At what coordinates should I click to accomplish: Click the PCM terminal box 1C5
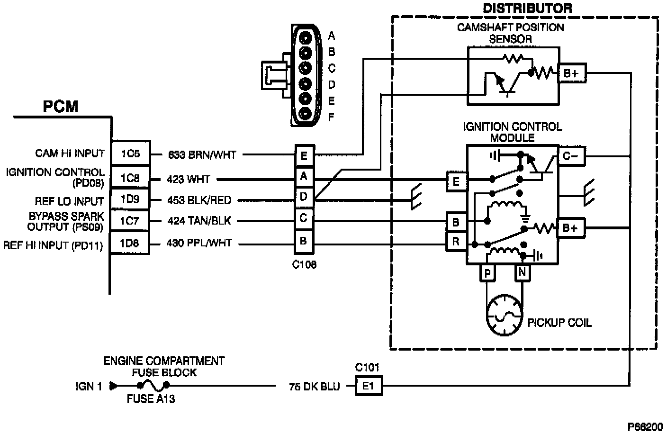tap(131, 153)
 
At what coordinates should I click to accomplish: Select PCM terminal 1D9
tap(130, 199)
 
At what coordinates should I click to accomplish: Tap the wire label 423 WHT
tap(188, 179)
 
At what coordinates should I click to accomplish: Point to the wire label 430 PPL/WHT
tap(199, 243)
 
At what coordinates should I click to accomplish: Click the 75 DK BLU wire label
tap(315, 387)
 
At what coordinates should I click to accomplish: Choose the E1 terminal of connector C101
tap(369, 386)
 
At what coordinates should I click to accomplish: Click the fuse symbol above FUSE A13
tap(153, 386)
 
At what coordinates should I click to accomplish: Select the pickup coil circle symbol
tap(505, 315)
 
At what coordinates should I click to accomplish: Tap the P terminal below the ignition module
tap(487, 273)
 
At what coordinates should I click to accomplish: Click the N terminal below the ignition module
tap(523, 272)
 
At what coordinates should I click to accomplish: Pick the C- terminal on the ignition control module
tap(571, 156)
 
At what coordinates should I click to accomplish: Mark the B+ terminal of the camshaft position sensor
tap(572, 73)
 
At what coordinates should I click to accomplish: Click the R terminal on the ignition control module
tap(456, 242)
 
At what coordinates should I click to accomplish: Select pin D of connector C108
tap(304, 197)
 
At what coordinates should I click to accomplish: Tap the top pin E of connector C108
tap(304, 156)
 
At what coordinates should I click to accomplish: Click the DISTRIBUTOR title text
tap(527, 8)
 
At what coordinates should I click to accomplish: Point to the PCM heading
tap(61, 106)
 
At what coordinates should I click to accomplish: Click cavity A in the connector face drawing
tap(305, 38)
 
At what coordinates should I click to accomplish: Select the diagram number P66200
tap(645, 427)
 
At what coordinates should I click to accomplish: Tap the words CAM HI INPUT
tap(70, 154)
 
